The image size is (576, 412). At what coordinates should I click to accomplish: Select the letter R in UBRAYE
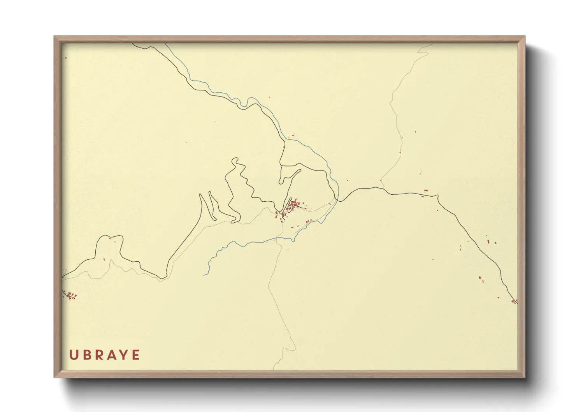(99, 355)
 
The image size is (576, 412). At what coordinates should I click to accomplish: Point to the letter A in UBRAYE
(111, 355)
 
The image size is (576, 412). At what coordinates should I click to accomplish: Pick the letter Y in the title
(124, 355)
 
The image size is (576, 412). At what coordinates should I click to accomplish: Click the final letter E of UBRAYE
(136, 355)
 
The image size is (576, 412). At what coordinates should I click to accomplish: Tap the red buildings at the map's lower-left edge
(70, 296)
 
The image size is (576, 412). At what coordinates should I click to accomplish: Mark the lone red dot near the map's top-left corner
(66, 58)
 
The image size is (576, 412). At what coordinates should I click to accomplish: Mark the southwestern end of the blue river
(204, 275)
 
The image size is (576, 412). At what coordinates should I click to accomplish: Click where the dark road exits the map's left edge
(62, 277)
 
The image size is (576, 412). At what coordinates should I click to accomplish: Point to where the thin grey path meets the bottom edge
(274, 369)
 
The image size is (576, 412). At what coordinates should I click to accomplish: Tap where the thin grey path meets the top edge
(434, 44)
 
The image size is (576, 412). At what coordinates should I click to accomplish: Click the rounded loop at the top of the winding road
(235, 160)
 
